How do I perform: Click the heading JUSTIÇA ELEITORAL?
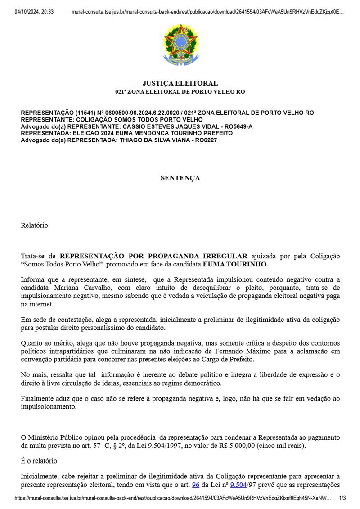[180, 83]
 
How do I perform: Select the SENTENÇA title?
[180, 178]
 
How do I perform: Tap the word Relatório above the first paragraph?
[34, 225]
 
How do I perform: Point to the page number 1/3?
[342, 498]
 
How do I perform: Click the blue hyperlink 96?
[195, 484]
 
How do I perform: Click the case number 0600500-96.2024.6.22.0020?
[139, 113]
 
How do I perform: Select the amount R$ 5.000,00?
[241, 445]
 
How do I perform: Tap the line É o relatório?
[39, 461]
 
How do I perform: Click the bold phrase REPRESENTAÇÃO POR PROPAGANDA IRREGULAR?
[153, 256]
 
